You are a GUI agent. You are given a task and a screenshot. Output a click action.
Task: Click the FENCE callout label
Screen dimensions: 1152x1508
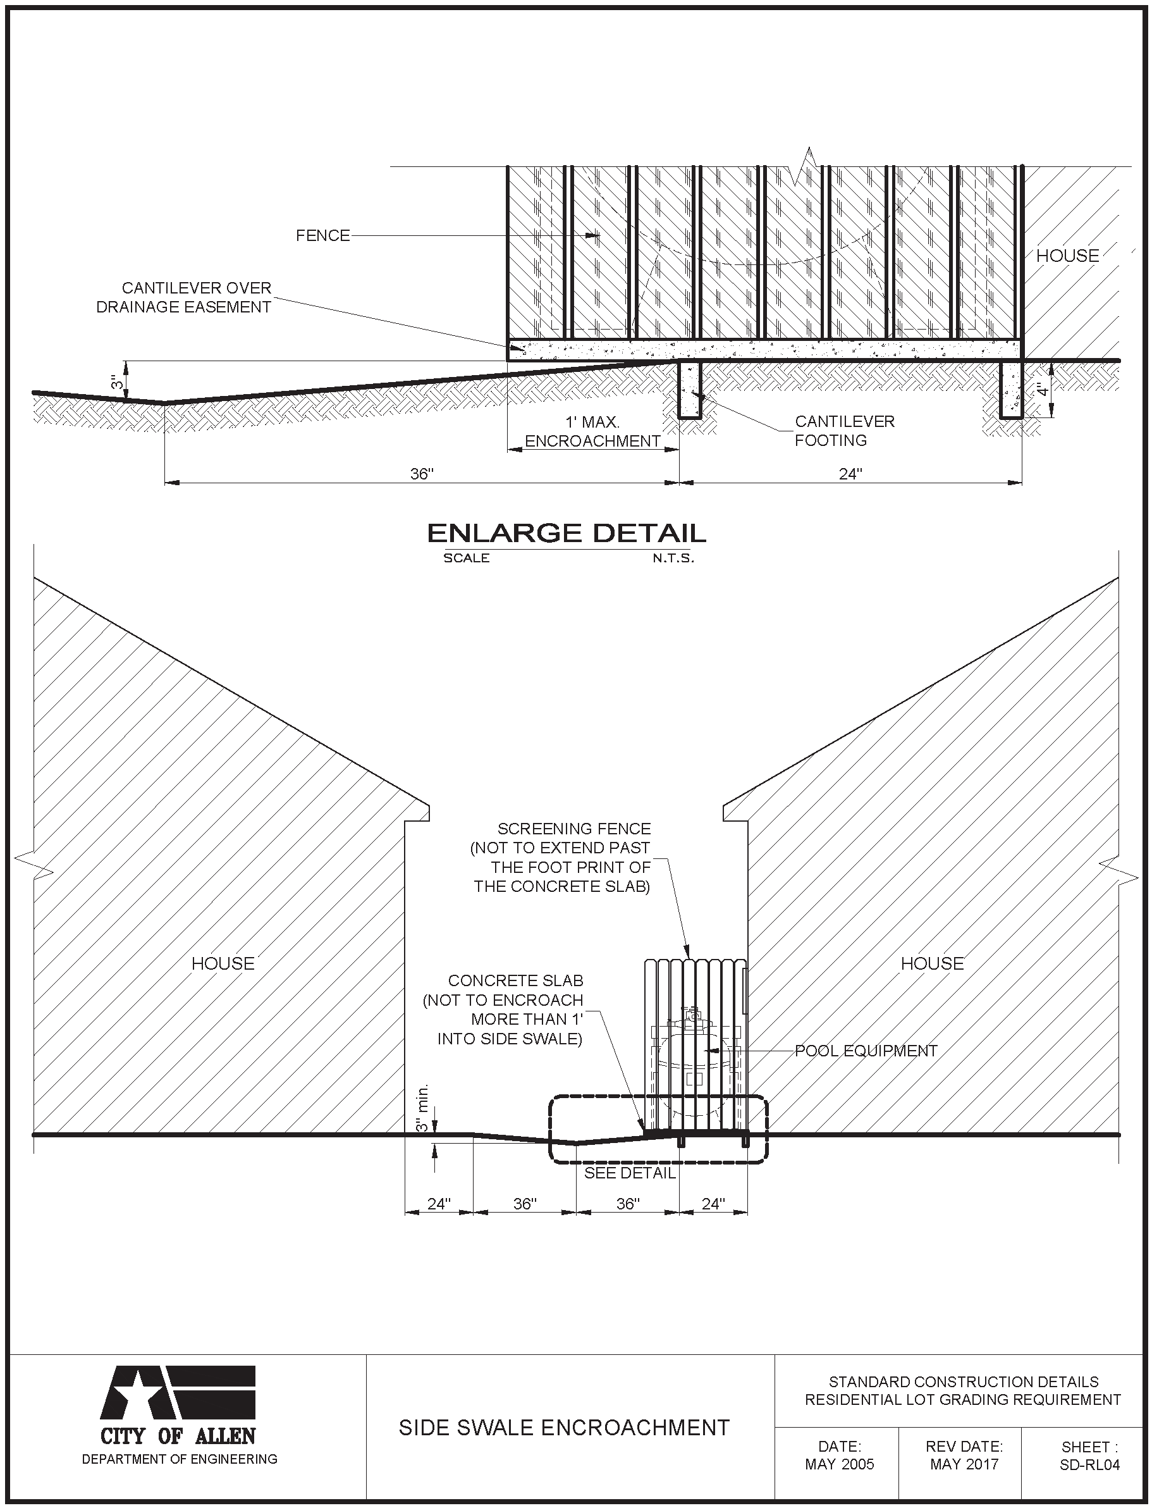[x=322, y=236]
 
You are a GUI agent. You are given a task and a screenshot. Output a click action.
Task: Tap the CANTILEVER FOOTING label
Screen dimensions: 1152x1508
[x=844, y=431]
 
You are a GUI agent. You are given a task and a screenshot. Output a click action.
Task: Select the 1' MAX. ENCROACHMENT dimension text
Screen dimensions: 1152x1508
[x=592, y=432]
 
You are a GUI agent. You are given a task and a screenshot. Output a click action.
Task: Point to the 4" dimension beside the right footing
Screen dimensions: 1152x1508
[x=1042, y=390]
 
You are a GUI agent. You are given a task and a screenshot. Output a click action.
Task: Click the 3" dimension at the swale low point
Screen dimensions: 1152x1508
[x=118, y=382]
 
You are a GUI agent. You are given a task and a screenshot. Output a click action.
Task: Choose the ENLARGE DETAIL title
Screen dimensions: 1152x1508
[x=567, y=533]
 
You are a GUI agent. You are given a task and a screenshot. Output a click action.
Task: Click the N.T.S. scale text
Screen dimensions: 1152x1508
[x=673, y=559]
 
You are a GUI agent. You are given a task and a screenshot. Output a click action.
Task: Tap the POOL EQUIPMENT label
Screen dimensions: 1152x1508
[x=866, y=1051]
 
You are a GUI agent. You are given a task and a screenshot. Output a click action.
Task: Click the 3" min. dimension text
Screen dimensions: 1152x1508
[x=422, y=1108]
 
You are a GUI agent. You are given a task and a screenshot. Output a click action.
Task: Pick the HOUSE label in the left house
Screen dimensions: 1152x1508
[x=223, y=964]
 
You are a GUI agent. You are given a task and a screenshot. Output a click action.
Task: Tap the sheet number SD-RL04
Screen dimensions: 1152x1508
[x=1089, y=1465]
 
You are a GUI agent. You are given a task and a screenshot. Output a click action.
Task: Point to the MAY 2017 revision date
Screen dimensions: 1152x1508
[x=964, y=1464]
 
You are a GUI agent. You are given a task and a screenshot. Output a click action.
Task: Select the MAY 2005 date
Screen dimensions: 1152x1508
[x=839, y=1464]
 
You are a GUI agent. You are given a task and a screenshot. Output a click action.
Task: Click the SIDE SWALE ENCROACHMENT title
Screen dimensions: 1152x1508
[x=563, y=1428]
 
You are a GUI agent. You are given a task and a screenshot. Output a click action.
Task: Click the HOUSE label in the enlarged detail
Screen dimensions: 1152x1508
[x=1067, y=256]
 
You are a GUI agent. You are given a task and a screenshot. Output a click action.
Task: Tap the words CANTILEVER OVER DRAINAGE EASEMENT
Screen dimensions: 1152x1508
[x=184, y=297]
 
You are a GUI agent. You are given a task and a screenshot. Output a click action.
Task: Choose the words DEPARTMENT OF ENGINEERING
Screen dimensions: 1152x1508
[x=180, y=1459]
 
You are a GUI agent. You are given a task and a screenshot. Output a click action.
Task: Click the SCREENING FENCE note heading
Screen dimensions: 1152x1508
[x=574, y=829]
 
